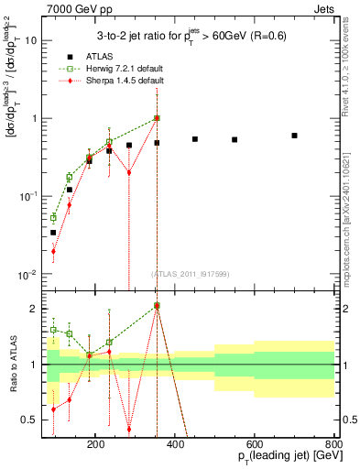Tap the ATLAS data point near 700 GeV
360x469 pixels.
coord(294,136)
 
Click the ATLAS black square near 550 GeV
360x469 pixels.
coord(235,140)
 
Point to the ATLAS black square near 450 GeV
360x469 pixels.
coord(195,139)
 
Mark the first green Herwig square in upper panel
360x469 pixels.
coord(53,218)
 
